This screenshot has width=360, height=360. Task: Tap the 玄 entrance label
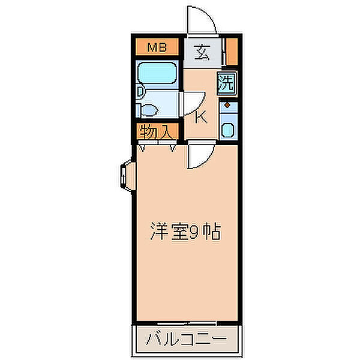(202, 52)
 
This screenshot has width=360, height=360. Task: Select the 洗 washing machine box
(226, 83)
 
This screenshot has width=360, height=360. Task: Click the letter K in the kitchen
(202, 116)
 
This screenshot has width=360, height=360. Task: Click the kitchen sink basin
(228, 130)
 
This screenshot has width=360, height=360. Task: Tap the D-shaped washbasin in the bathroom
(140, 92)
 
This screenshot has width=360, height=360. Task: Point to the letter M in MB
(151, 46)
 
